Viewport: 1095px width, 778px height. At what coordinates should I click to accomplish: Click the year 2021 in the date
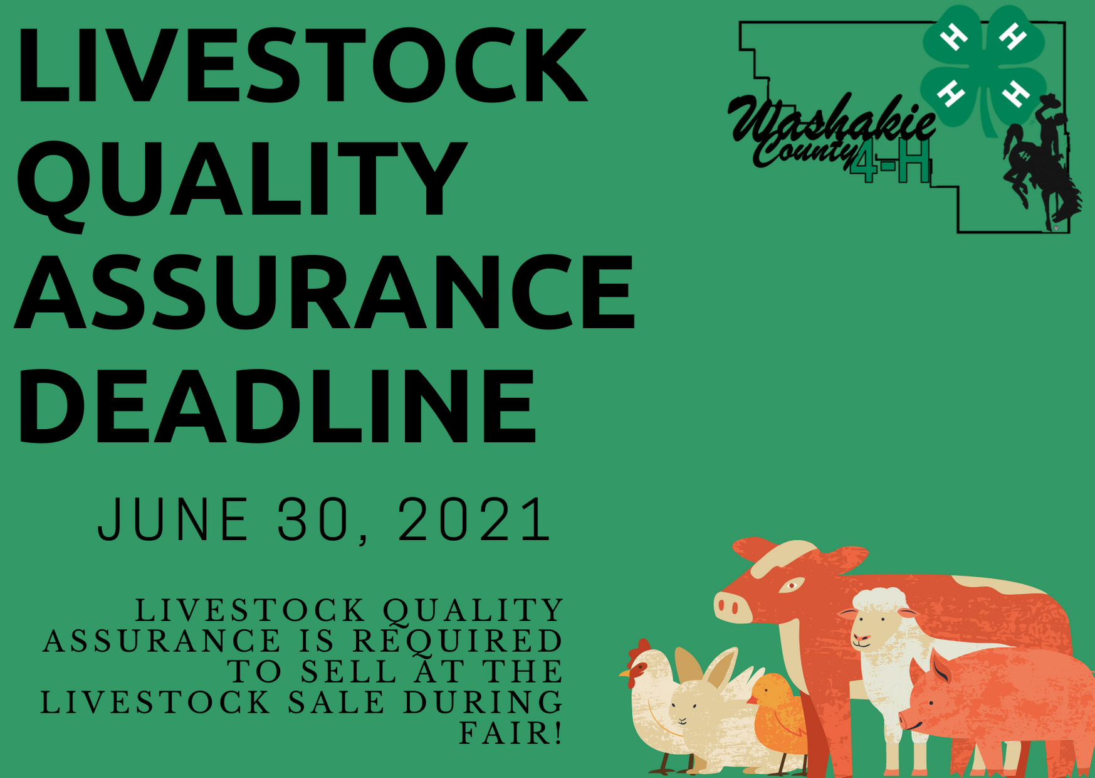[x=474, y=520]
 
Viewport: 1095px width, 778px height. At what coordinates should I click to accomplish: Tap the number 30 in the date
[x=312, y=520]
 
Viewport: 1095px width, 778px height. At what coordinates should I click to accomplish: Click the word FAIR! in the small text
[x=511, y=733]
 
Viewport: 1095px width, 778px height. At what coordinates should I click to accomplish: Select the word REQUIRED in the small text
[x=458, y=641]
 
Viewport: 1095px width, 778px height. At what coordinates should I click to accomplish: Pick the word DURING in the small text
[x=483, y=702]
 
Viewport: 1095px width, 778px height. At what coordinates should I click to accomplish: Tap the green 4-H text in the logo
[x=889, y=163]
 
